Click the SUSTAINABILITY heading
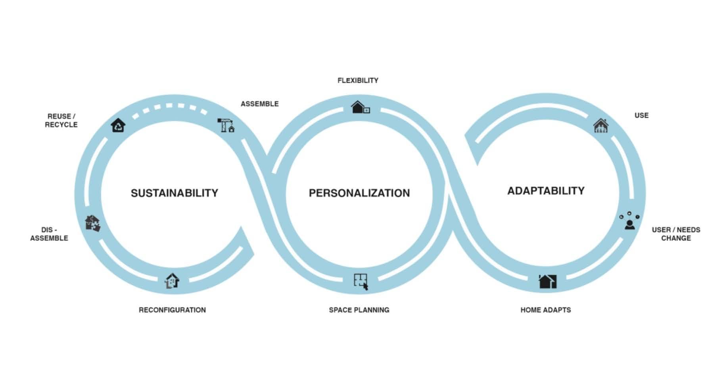[175, 193]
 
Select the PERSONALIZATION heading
[359, 193]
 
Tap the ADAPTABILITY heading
[546, 191]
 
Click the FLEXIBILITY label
[358, 81]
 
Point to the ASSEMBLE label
[260, 104]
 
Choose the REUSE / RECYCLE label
[61, 121]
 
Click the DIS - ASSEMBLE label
[49, 234]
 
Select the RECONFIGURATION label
[172, 310]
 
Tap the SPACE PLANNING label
[359, 310]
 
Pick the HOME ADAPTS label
[546, 310]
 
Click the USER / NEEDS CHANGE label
[676, 234]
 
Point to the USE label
[641, 115]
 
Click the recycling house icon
[118, 125]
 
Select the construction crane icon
[226, 125]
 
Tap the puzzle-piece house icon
[93, 223]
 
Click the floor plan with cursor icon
[361, 282]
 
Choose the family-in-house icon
[600, 126]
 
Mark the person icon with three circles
[629, 221]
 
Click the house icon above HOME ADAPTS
[547, 282]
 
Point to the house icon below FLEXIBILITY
[360, 107]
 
